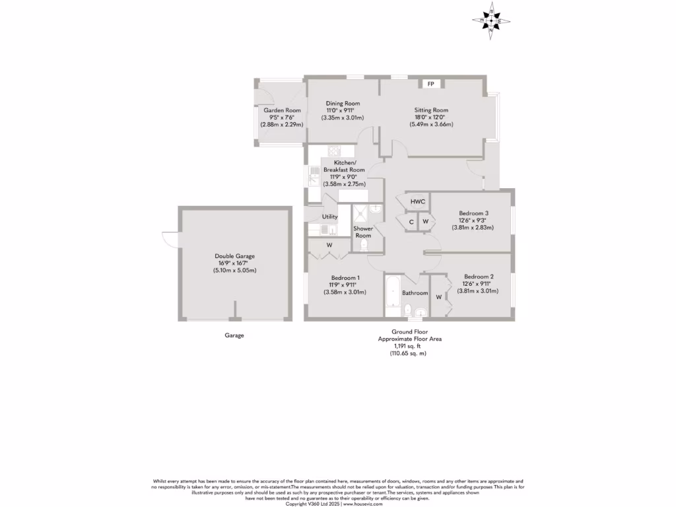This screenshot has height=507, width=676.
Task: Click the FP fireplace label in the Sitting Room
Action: pos(431,84)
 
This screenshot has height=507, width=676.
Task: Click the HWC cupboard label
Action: pos(417,202)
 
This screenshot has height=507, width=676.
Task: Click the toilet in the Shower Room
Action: pos(364,245)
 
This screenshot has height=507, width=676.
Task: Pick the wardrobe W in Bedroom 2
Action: pos(438,297)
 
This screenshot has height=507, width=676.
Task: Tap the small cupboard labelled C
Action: pos(411,222)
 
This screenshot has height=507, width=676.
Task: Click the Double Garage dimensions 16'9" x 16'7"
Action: pos(234,263)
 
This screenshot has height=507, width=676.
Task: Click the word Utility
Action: pos(329,217)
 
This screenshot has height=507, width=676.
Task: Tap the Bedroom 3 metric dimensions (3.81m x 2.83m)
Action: pos(473,228)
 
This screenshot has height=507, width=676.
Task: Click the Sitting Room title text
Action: pos(431,110)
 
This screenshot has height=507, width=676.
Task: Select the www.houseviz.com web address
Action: pos(363,504)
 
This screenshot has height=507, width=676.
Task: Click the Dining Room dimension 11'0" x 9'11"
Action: pos(343,110)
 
